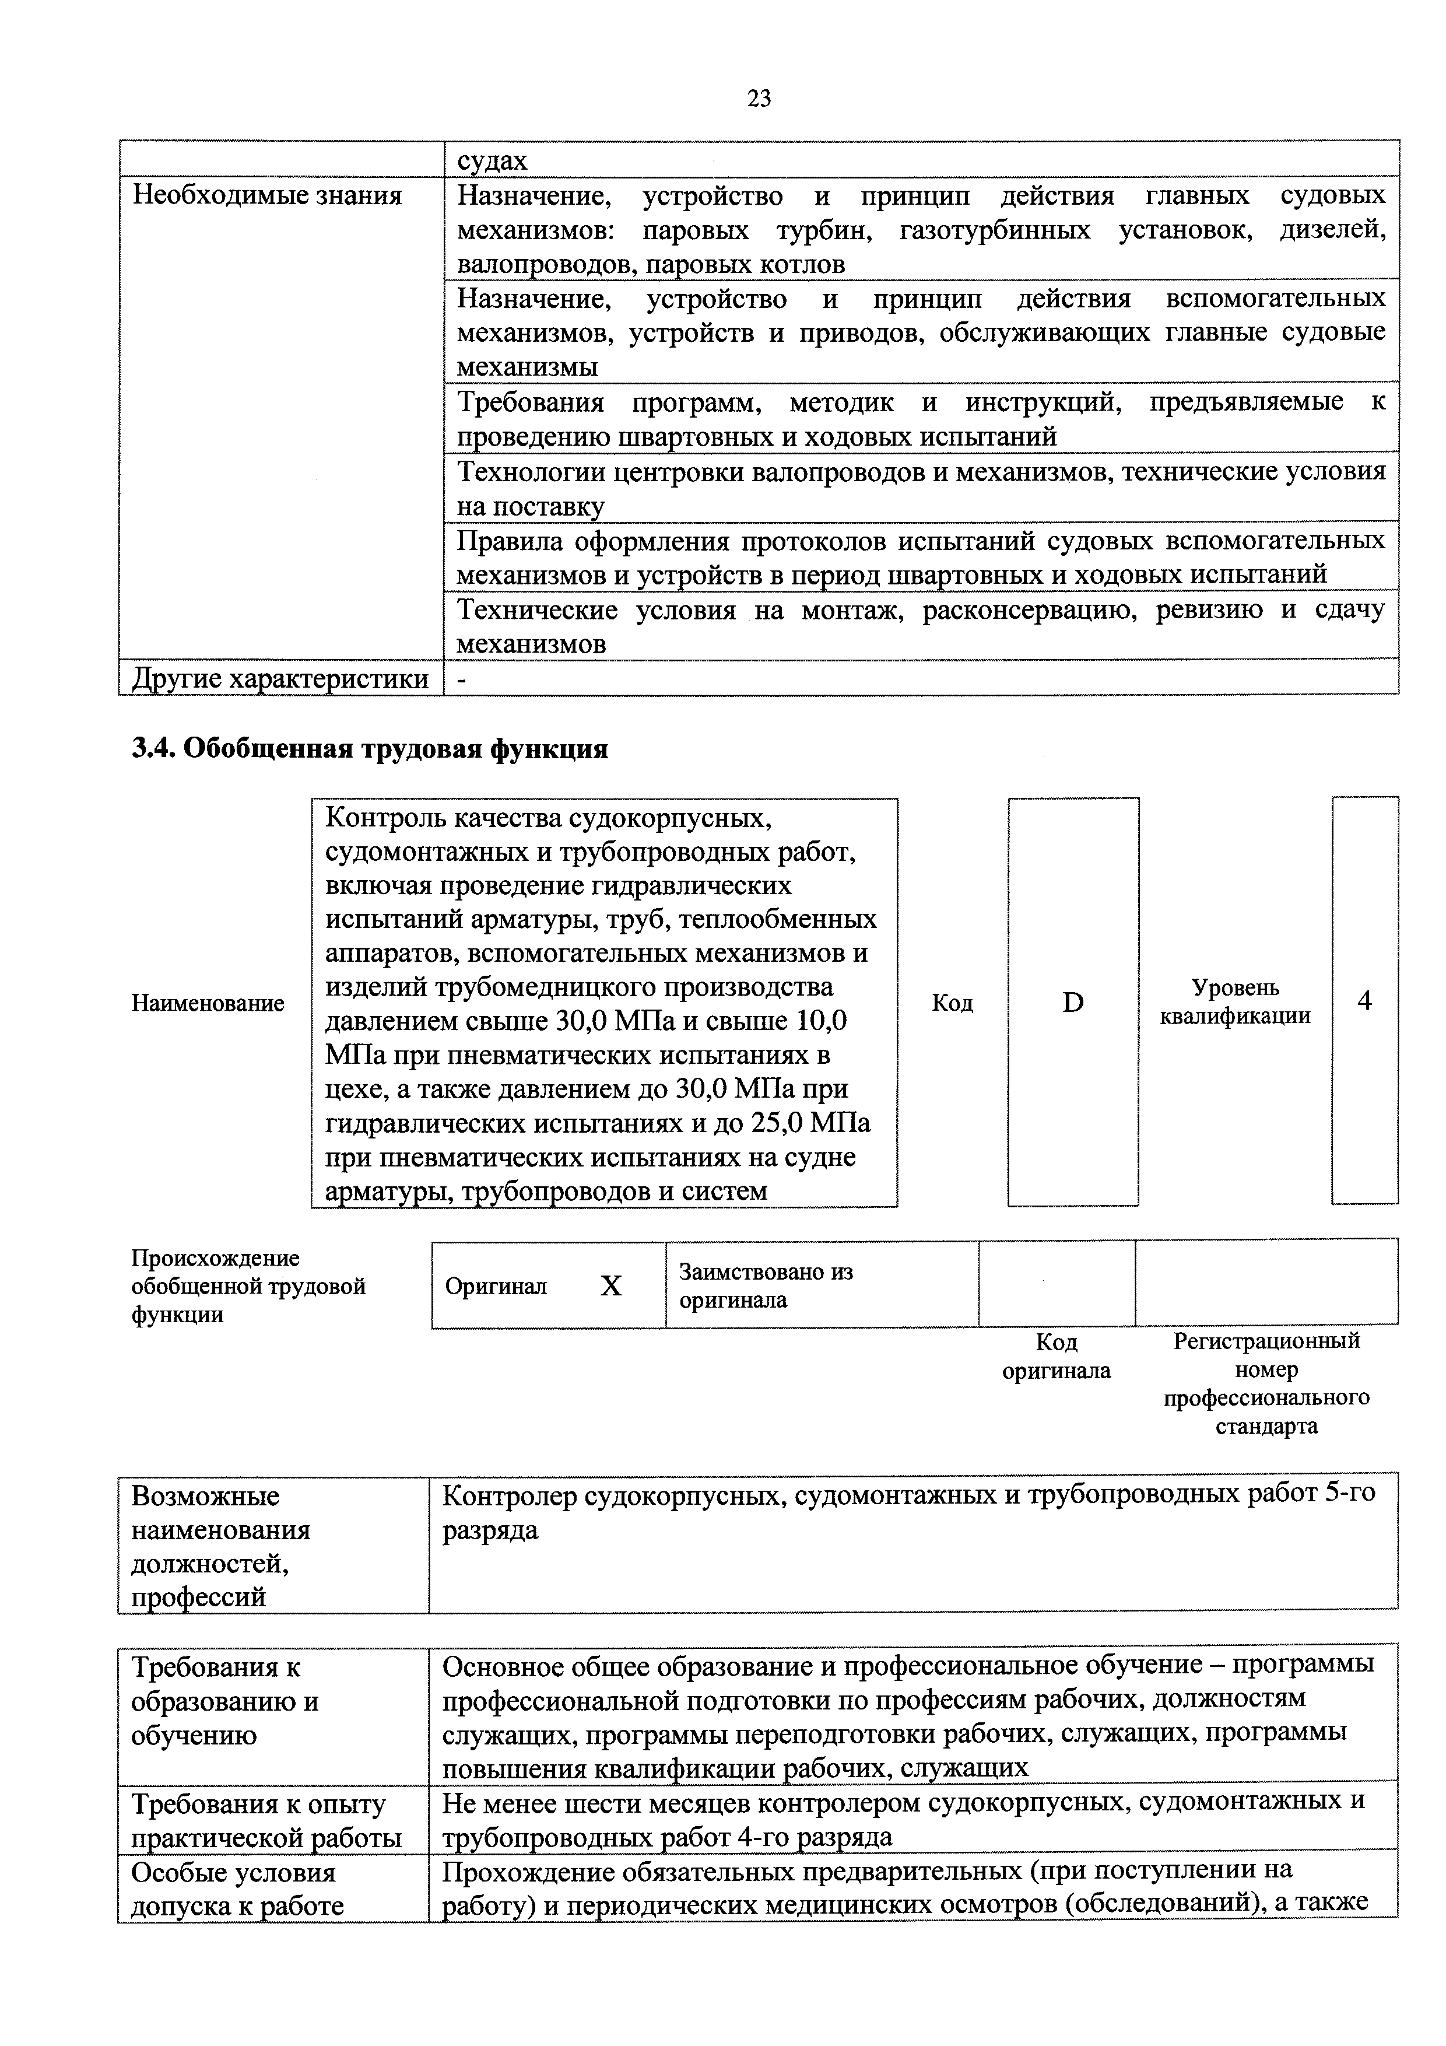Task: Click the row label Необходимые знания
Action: pyautogui.click(x=266, y=195)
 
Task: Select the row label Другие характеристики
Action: pyautogui.click(x=280, y=679)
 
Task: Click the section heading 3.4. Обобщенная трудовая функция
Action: pyautogui.click(x=370, y=748)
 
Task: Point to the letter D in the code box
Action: pyautogui.click(x=1073, y=1003)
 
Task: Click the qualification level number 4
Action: pyautogui.click(x=1364, y=1001)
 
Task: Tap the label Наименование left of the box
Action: pyautogui.click(x=208, y=1003)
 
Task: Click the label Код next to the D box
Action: pyautogui.click(x=952, y=1003)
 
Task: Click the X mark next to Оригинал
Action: pyautogui.click(x=610, y=1285)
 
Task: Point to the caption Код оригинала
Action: pyautogui.click(x=1057, y=1356)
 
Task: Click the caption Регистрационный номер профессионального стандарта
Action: pyautogui.click(x=1266, y=1383)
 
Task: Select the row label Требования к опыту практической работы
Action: pyautogui.click(x=265, y=1820)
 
